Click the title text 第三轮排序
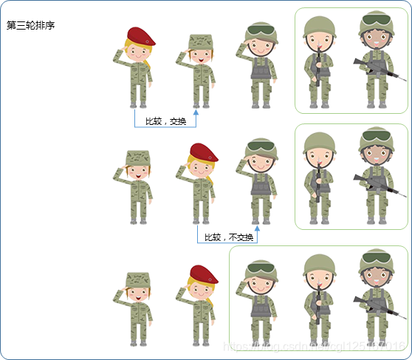click(30, 25)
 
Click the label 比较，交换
click(165, 120)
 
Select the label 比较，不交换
click(228, 237)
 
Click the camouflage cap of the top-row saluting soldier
click(200, 41)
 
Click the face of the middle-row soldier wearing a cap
click(138, 172)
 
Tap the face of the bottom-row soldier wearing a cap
click(138, 293)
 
